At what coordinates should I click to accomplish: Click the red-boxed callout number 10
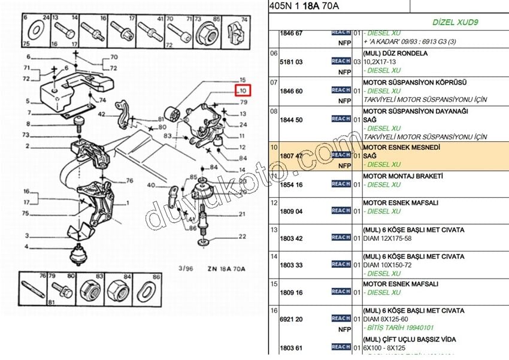[x=243, y=91]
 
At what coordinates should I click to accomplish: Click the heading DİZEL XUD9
[x=458, y=22]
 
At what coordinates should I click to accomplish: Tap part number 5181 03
[x=292, y=62]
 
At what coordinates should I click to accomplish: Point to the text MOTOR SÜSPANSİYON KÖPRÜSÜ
[x=414, y=82]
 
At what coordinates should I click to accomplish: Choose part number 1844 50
[x=292, y=120]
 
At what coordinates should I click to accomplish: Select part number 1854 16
[x=292, y=185]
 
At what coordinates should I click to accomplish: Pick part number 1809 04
[x=292, y=211]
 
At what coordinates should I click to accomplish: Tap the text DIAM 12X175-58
[x=392, y=238]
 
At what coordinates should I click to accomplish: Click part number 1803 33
[x=292, y=265]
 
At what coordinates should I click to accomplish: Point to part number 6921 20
[x=292, y=320]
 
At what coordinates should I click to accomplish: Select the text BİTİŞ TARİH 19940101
[x=402, y=329]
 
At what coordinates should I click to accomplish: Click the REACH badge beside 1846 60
[x=341, y=90]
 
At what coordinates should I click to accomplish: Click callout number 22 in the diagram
[x=242, y=237]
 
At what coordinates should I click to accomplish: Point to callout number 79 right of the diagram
[x=243, y=101]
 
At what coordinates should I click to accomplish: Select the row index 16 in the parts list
[x=274, y=310]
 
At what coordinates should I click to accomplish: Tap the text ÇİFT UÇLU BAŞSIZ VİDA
[x=419, y=338]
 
